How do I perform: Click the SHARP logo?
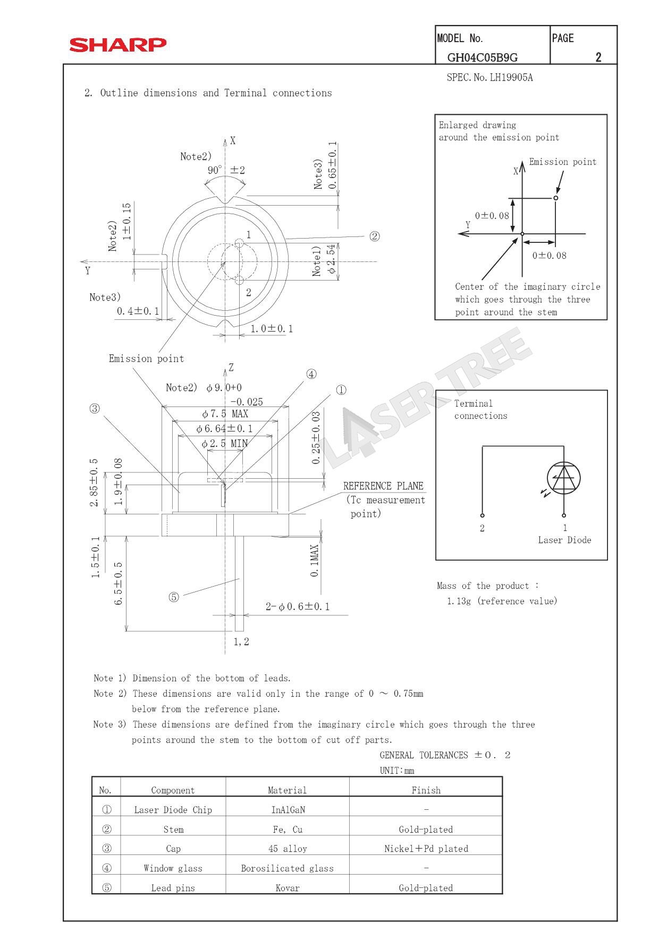click(117, 45)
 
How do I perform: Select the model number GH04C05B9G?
click(482, 57)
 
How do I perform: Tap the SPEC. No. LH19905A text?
click(489, 78)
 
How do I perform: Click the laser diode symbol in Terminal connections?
click(563, 478)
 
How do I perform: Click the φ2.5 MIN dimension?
click(224, 443)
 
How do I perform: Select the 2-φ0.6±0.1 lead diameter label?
click(298, 606)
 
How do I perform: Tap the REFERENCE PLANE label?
click(383, 486)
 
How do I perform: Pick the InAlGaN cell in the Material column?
click(288, 810)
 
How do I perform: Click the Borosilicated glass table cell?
click(288, 868)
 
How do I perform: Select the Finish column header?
click(426, 790)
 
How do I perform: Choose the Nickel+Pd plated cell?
click(426, 849)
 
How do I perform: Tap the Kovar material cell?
click(288, 887)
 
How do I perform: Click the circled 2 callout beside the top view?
click(374, 236)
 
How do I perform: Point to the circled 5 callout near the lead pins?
click(174, 597)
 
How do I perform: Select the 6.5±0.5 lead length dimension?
click(119, 583)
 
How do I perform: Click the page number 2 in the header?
click(598, 57)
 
